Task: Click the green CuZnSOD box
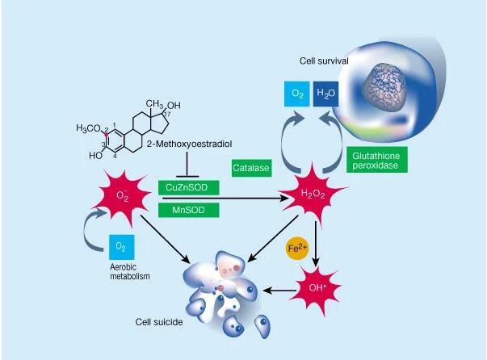[188, 186]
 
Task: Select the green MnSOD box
[188, 210]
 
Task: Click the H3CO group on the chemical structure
[90, 128]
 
